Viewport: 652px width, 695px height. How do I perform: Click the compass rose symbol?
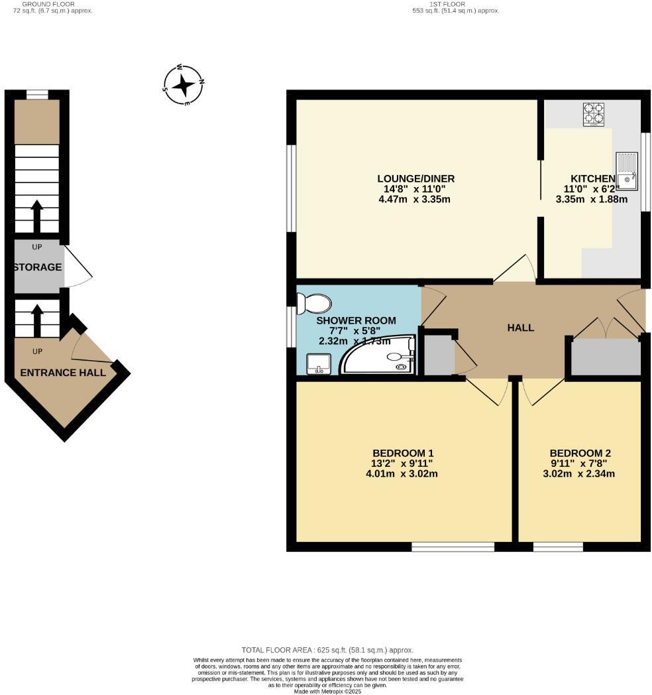point(184,85)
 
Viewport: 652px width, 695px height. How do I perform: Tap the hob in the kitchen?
point(594,113)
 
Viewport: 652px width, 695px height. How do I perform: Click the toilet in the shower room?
point(315,304)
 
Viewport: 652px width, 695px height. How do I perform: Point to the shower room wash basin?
point(319,363)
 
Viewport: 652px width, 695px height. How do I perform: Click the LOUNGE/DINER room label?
point(415,178)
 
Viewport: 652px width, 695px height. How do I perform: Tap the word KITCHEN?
point(592,178)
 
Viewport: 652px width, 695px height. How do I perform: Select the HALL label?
point(520,328)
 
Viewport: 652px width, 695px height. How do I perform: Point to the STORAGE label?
point(38,267)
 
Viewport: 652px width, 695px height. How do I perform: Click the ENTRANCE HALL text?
point(63,373)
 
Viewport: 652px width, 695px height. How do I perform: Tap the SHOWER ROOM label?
point(357,320)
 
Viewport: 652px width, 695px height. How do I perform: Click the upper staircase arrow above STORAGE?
point(36,216)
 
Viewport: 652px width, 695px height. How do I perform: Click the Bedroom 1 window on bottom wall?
point(453,546)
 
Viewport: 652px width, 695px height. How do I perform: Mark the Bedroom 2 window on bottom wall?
point(558,546)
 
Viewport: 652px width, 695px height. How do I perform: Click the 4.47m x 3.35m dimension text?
point(415,199)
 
